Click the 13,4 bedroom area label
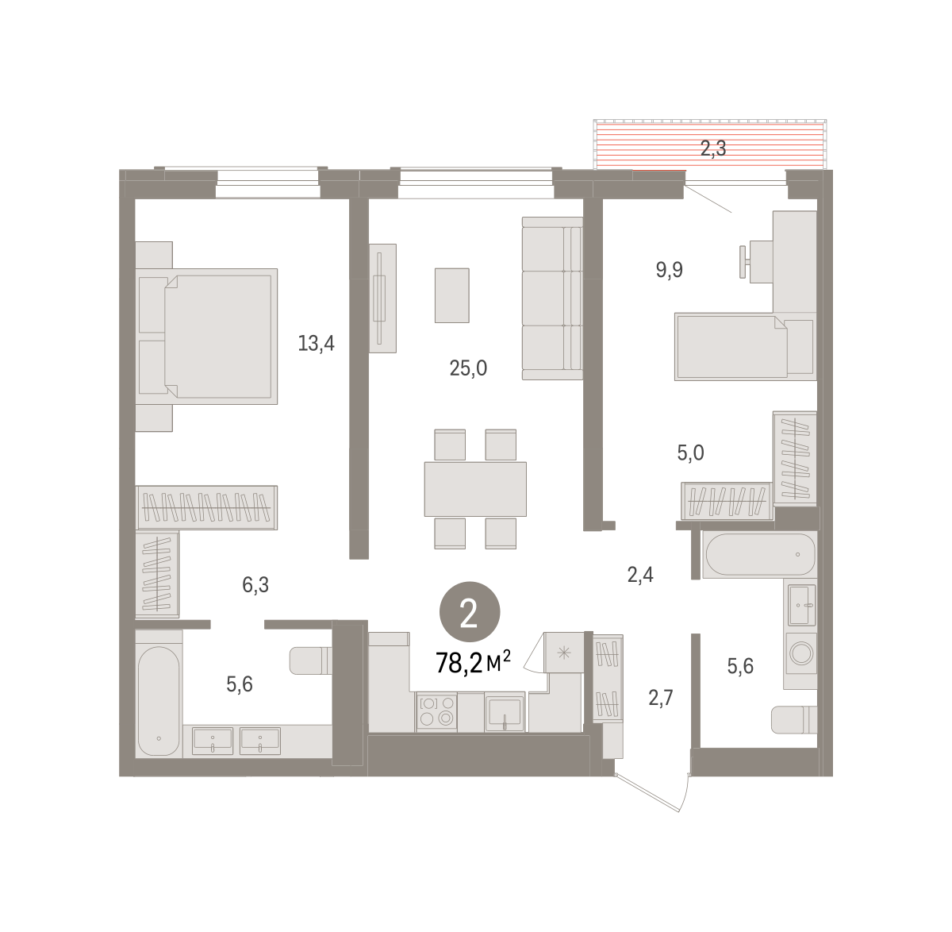[x=316, y=343]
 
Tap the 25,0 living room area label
[x=468, y=368]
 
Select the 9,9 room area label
[x=670, y=270]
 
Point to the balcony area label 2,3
[x=712, y=148]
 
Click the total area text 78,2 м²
[x=473, y=663]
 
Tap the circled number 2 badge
[x=470, y=611]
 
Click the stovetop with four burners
[x=436, y=711]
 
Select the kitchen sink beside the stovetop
[x=505, y=712]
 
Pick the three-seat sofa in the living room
[x=552, y=298]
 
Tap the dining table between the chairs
[x=475, y=488]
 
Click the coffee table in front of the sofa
[x=452, y=295]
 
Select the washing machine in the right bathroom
[x=801, y=653]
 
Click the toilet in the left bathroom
[x=311, y=660]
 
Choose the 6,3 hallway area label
[x=255, y=584]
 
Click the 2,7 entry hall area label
[x=661, y=698]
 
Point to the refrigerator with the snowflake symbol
[x=564, y=652]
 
